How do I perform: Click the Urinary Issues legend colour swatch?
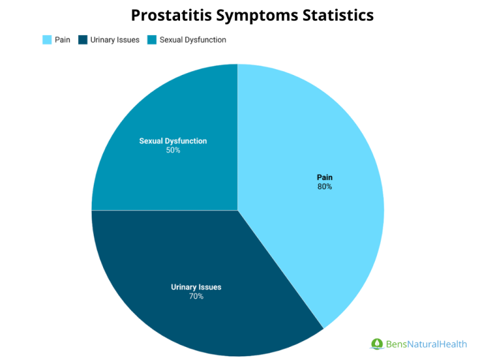pyautogui.click(x=82, y=40)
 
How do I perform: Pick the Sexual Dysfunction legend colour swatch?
pyautogui.click(x=152, y=40)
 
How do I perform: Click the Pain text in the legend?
pyautogui.click(x=62, y=40)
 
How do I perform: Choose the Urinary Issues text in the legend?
pyautogui.click(x=115, y=40)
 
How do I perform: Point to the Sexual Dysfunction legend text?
pyautogui.click(x=192, y=40)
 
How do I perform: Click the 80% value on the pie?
pyautogui.click(x=324, y=186)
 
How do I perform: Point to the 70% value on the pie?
pyautogui.click(x=196, y=296)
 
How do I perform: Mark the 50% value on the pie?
pyautogui.click(x=173, y=150)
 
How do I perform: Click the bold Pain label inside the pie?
pyautogui.click(x=324, y=177)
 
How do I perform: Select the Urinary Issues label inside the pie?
pyautogui.click(x=196, y=287)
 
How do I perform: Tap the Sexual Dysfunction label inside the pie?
pyautogui.click(x=173, y=141)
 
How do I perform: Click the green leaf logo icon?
pyautogui.click(x=377, y=344)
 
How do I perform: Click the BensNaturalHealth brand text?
pyautogui.click(x=426, y=344)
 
